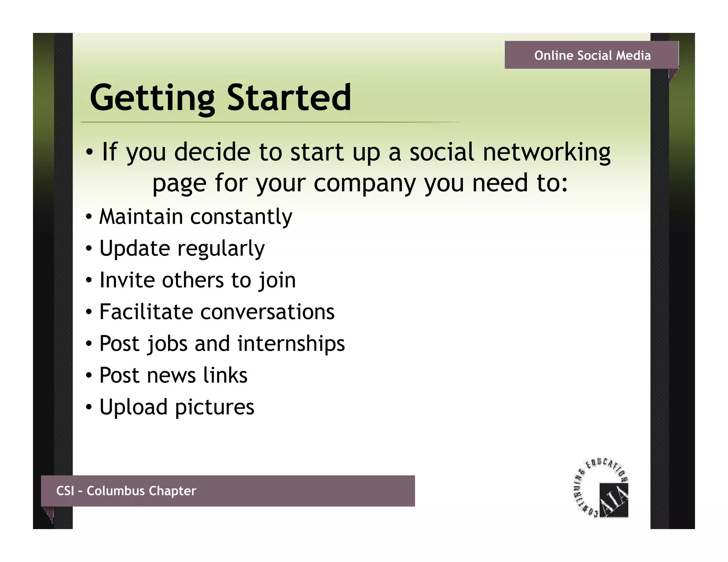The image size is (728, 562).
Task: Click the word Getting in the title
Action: [x=152, y=98]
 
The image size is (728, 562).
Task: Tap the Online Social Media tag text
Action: [x=592, y=55]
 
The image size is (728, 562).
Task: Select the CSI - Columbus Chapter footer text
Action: [x=126, y=491]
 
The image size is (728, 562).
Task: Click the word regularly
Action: [x=221, y=248]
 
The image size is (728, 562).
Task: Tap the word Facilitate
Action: [x=146, y=312]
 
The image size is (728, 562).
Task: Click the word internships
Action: [x=291, y=344]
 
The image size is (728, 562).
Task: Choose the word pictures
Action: [x=215, y=407]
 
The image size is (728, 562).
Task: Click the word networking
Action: [x=546, y=152]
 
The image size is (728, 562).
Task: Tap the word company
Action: [x=364, y=183]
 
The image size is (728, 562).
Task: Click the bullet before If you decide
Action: [x=90, y=152]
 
